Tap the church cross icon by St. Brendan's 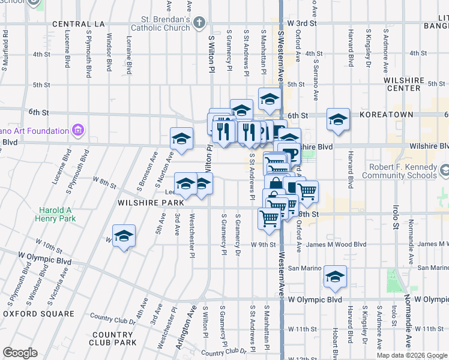199,23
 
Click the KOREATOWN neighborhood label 386,114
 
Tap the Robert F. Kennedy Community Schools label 403,171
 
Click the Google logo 20,353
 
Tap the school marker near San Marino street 336,276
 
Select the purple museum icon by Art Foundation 77,130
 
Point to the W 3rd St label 302,23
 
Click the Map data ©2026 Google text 411,355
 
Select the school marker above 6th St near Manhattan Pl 270,98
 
